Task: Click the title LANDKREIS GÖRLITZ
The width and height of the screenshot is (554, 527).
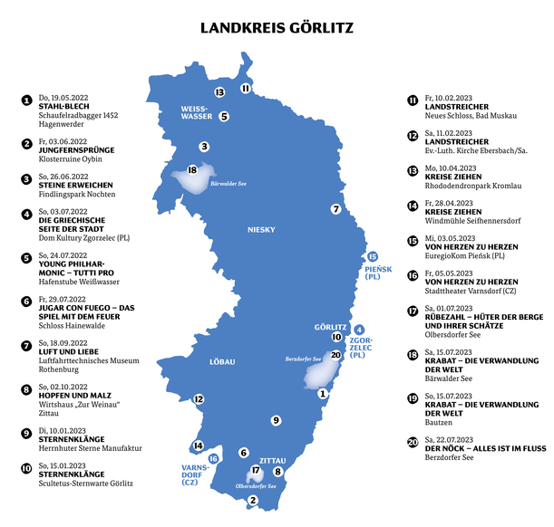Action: pyautogui.click(x=277, y=29)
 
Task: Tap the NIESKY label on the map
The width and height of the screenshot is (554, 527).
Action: pyautogui.click(x=261, y=229)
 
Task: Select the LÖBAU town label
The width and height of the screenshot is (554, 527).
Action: pyautogui.click(x=222, y=362)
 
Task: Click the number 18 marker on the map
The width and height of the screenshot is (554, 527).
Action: pyautogui.click(x=191, y=169)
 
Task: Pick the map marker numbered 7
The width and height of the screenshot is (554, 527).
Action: pyautogui.click(x=335, y=209)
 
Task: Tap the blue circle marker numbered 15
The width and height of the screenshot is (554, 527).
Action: pyautogui.click(x=373, y=256)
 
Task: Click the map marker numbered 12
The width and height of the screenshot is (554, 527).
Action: pyautogui.click(x=199, y=398)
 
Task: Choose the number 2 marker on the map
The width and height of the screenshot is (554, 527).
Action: pyautogui.click(x=253, y=499)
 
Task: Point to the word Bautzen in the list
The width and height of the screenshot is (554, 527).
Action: pyautogui.click(x=439, y=422)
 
